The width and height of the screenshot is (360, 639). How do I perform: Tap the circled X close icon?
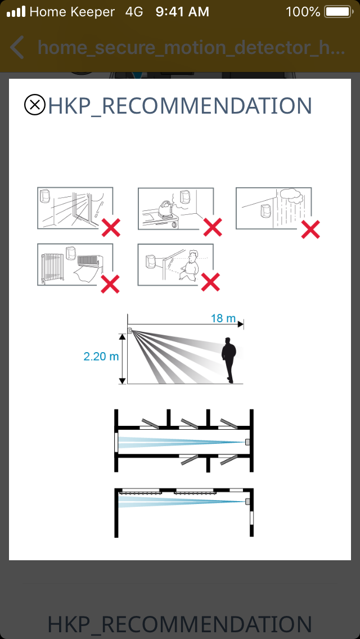(35, 105)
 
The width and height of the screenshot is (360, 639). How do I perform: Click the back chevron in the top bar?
(16, 47)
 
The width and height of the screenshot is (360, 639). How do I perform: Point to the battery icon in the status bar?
(339, 12)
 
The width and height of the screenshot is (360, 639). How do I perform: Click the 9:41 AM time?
(182, 12)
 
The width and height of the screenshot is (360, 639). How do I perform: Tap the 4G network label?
(134, 12)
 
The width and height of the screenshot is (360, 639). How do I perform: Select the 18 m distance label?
(223, 318)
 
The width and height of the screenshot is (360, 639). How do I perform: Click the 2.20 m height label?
(101, 357)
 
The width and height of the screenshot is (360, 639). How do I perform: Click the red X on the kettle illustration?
(213, 227)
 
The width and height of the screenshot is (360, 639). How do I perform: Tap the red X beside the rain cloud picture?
(310, 229)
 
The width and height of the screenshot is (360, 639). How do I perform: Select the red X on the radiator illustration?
(110, 284)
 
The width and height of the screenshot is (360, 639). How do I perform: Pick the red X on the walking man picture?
(210, 282)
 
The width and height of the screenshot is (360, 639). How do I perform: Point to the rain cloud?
(289, 195)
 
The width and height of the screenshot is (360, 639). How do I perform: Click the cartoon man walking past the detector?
(190, 265)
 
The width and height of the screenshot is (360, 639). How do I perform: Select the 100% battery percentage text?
(303, 12)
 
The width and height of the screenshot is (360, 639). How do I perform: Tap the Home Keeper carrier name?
(72, 12)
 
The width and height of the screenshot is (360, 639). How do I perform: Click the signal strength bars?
(16, 12)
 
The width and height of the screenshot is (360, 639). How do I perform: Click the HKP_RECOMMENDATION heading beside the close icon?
(180, 106)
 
